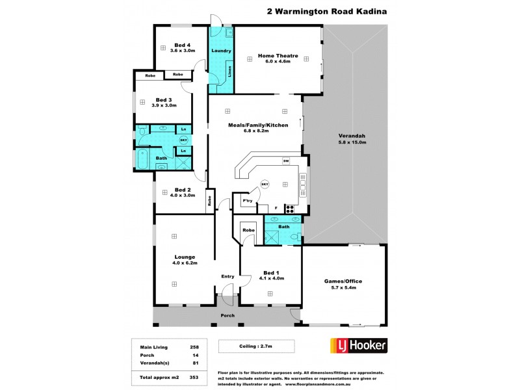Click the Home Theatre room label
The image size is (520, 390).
pyautogui.click(x=278, y=56)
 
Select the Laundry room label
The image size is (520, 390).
pyautogui.click(x=221, y=51)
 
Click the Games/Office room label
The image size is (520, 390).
pyautogui.click(x=343, y=281)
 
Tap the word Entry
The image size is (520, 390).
pyautogui.click(x=227, y=277)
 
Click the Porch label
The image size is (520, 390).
pyautogui.click(x=227, y=316)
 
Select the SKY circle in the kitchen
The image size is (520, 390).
pyautogui.click(x=265, y=185)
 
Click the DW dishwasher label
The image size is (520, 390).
pyautogui.click(x=285, y=161)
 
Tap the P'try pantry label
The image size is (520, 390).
pyautogui.click(x=247, y=201)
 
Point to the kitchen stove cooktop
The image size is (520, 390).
pyautogui.click(x=291, y=209)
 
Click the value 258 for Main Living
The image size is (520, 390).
pyautogui.click(x=193, y=346)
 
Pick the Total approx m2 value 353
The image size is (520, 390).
pyautogui.click(x=193, y=377)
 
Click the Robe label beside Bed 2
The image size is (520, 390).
pyautogui.click(x=209, y=201)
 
